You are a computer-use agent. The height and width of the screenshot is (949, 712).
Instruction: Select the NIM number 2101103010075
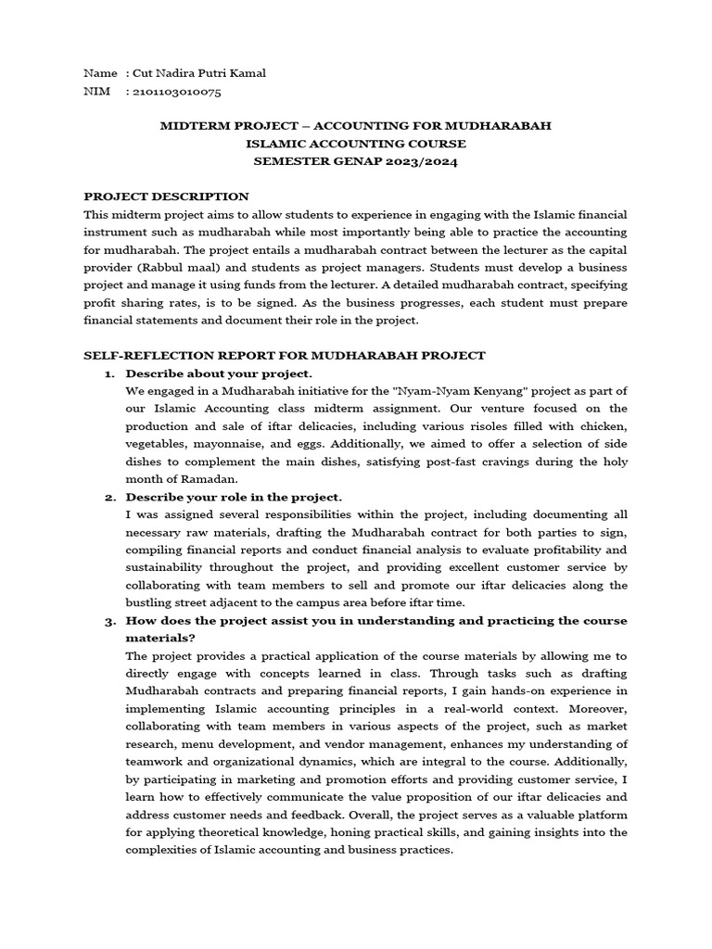click(177, 92)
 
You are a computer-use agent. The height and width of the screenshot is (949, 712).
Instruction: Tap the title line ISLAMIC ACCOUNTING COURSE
click(356, 144)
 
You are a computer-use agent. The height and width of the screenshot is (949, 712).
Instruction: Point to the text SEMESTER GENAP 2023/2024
click(356, 161)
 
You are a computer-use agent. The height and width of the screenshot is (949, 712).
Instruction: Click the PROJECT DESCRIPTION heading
click(167, 196)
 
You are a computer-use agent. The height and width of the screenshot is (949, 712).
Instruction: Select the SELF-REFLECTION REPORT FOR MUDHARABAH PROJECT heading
click(285, 355)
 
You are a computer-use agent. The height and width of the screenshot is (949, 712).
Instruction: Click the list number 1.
click(108, 373)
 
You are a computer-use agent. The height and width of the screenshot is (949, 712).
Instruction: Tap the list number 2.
click(108, 497)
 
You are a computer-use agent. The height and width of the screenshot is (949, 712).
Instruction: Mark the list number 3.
click(108, 621)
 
